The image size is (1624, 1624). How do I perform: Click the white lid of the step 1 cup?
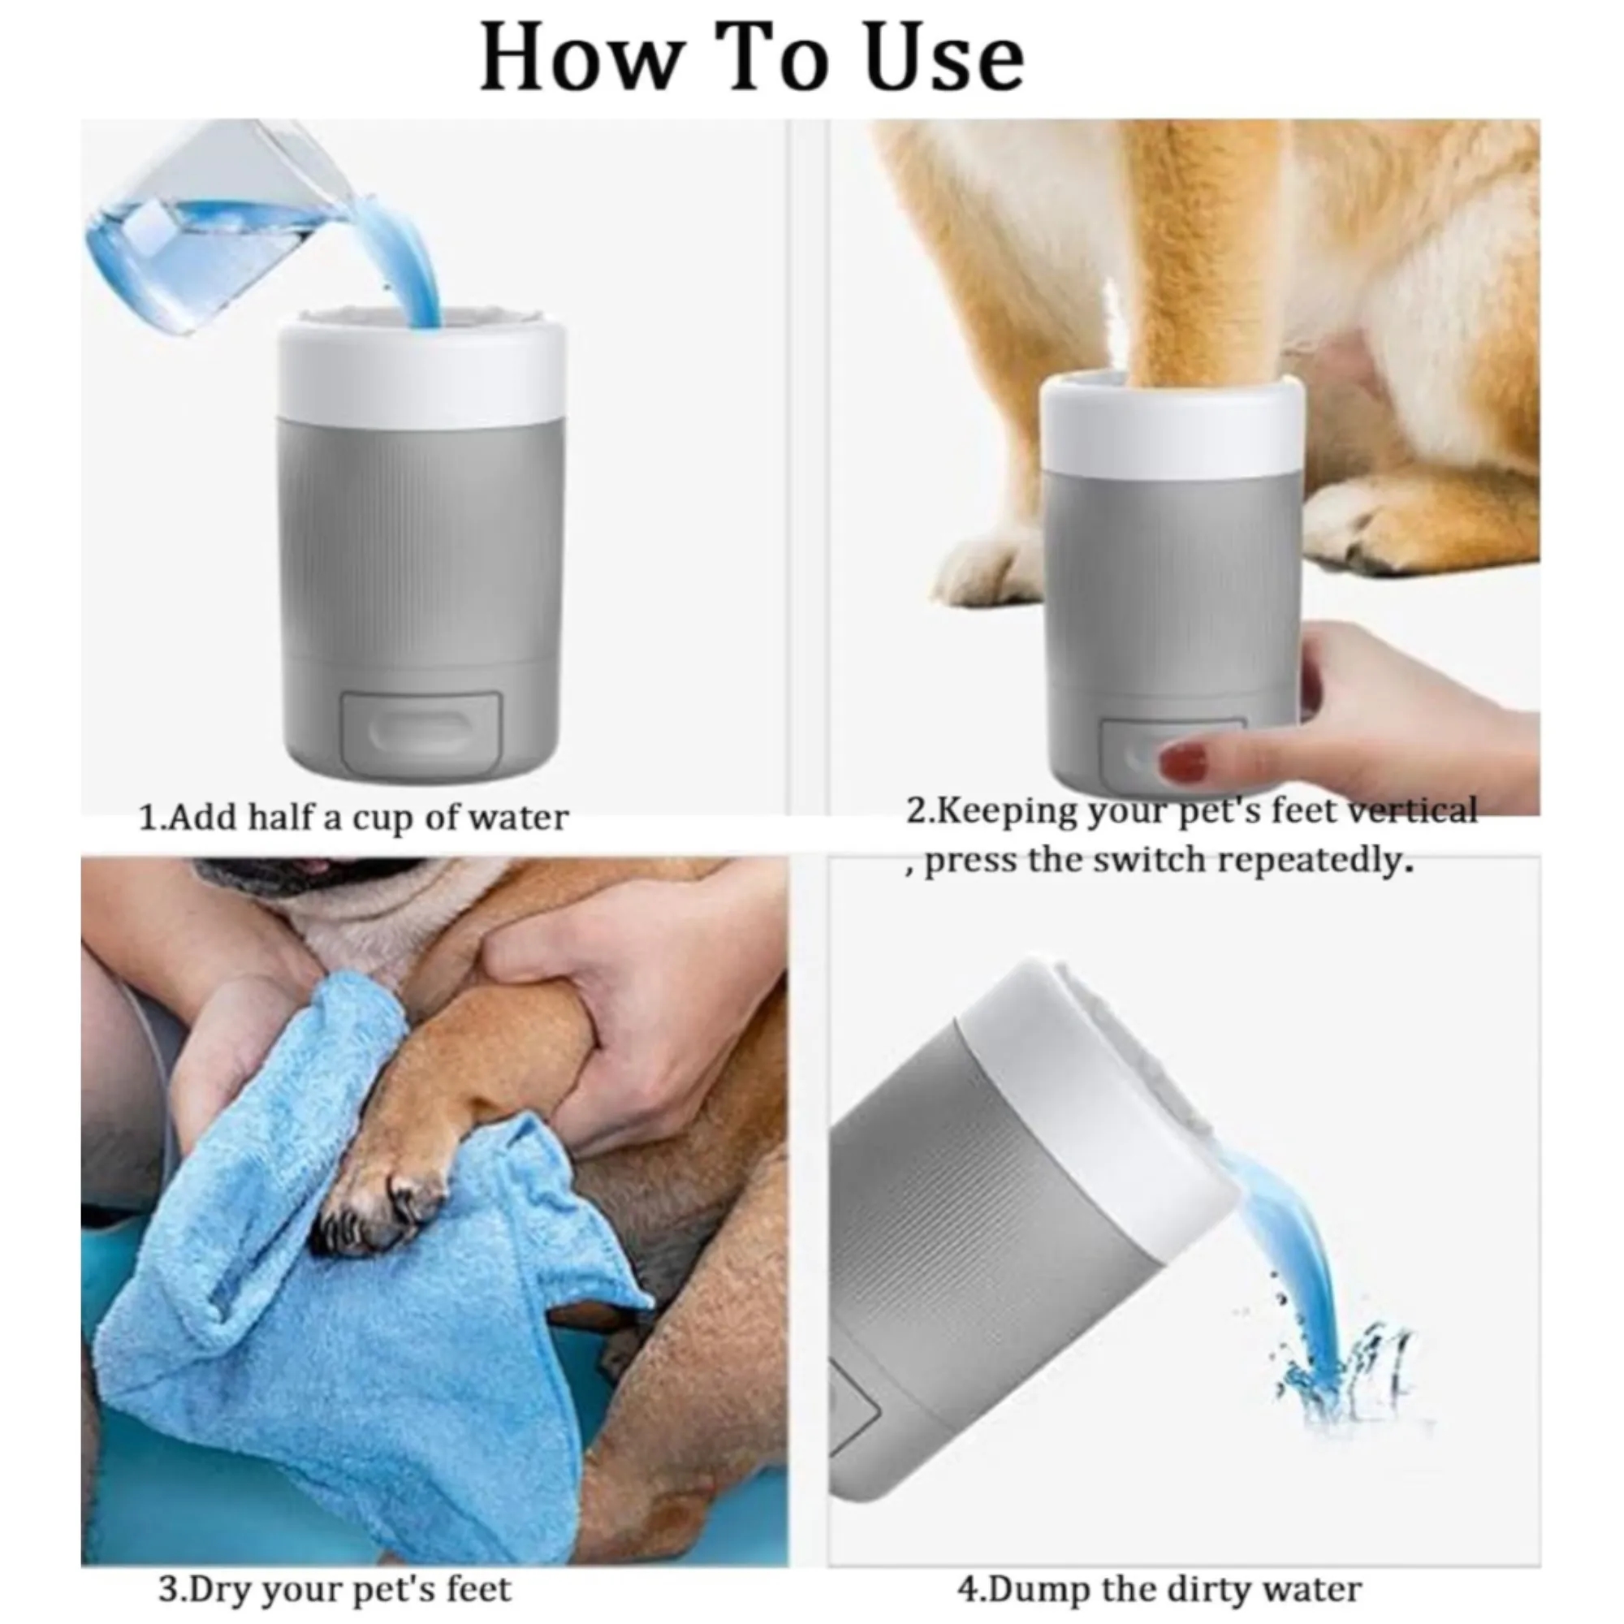coord(421,369)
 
